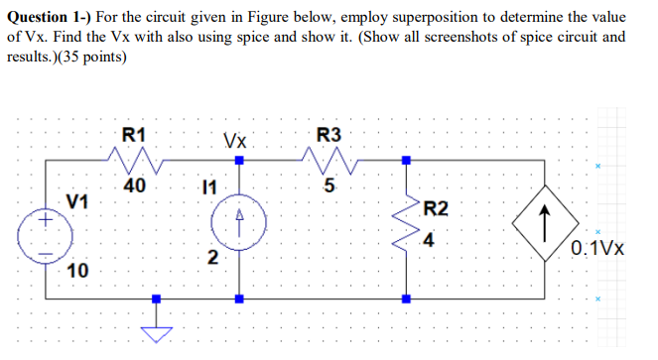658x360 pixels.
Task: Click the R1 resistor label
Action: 133,134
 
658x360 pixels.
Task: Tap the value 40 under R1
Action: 133,184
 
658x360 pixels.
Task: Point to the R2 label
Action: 436,208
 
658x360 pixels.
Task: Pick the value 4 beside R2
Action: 427,239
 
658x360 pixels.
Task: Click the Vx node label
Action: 235,140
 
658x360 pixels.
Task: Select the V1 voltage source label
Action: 75,200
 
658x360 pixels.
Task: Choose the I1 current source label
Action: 207,185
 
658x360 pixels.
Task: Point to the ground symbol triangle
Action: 154,330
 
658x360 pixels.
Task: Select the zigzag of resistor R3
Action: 328,158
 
